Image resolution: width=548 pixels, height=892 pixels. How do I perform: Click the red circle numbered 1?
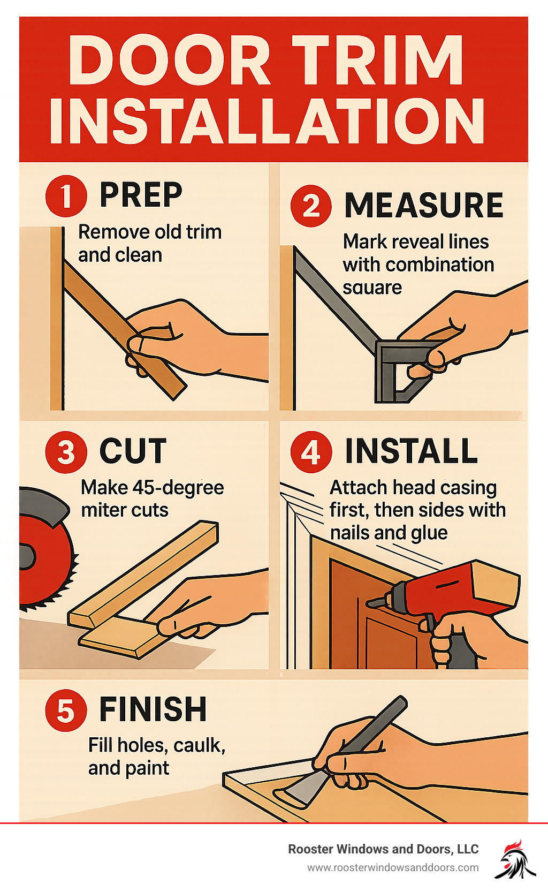pos(66,196)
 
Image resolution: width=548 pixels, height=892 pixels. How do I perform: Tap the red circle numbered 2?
pos(311,206)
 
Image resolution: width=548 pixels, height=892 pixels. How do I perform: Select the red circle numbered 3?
pos(66,452)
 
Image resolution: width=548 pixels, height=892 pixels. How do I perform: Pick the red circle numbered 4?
pos(311,452)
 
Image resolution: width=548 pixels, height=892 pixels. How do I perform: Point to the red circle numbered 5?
pos(66,710)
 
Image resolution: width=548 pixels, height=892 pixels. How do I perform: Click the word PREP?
pos(141,194)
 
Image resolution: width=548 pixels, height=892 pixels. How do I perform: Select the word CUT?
pos(133,451)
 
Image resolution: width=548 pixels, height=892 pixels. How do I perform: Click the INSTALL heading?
pos(411,451)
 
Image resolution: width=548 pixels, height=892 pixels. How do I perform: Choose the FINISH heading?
pos(153,709)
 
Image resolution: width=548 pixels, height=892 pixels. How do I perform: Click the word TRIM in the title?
pos(378,60)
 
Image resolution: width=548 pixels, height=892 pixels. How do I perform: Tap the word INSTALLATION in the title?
pos(267,121)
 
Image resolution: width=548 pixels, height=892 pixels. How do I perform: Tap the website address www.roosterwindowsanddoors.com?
pos(393,868)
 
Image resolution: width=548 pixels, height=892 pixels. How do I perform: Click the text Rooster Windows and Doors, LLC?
pos(383,849)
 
